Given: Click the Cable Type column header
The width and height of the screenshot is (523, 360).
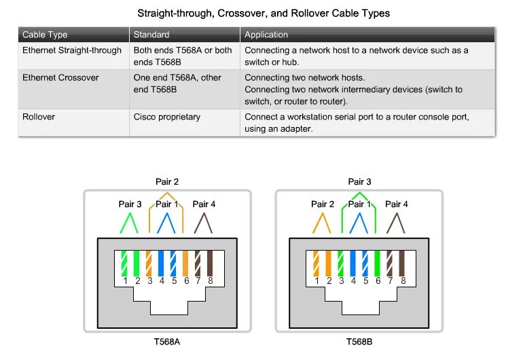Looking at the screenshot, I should point(45,35).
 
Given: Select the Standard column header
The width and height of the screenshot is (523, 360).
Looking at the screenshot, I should point(151,35).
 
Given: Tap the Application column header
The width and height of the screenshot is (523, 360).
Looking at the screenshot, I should point(266,35).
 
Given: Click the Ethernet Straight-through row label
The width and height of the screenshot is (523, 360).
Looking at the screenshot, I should point(72,50).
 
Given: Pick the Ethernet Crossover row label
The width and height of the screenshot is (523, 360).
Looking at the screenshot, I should point(60,78).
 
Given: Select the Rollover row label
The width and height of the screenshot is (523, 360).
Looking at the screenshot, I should point(39,117).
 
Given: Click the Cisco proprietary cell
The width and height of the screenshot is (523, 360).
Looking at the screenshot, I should point(167,117).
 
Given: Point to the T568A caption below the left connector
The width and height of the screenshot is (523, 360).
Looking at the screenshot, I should point(167,342).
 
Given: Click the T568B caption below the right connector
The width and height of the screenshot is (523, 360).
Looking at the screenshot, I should point(359,342).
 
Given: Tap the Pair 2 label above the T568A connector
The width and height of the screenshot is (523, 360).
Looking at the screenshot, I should point(167,182).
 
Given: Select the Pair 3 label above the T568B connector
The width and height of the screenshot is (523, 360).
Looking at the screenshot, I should point(359,182).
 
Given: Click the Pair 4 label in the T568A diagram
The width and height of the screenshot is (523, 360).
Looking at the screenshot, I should point(204,204).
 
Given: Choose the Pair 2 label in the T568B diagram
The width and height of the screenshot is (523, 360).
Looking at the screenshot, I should point(323,204).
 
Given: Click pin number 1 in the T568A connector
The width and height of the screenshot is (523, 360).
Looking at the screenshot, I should point(125,281).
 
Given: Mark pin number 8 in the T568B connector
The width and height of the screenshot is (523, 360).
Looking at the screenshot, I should point(403,281).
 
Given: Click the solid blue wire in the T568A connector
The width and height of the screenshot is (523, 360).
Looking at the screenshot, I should point(161,263).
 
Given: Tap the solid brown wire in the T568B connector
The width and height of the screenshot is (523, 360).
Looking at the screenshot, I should point(403,263).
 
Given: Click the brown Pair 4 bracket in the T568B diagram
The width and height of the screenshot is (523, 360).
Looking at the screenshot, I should point(396,223).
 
